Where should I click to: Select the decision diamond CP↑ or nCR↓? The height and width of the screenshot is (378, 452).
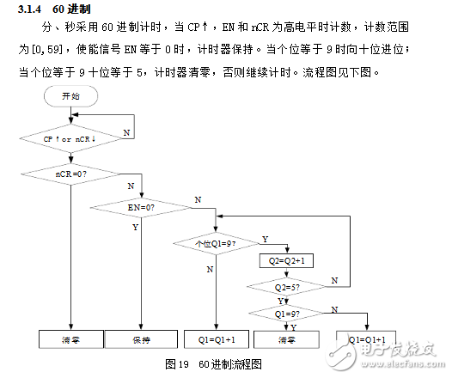point(71,138)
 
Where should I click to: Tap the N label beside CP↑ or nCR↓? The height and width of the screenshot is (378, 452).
point(127,133)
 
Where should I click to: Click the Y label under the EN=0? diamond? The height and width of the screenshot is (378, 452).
point(135,228)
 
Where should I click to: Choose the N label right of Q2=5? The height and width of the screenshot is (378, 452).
point(335,280)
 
